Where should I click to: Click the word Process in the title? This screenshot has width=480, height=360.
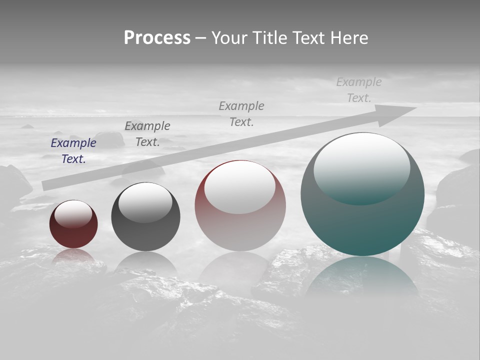point(157,38)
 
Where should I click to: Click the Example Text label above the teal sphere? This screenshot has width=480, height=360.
point(359,90)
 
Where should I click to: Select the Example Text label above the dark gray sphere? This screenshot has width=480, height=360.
point(147,133)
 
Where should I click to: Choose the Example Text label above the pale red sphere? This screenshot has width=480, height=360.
point(241,113)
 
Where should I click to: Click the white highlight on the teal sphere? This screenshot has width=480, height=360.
point(361,165)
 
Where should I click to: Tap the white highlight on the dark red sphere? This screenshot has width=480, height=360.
point(73,213)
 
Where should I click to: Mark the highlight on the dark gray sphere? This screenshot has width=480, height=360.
point(145,201)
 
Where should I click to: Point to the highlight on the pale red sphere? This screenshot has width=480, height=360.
point(239,186)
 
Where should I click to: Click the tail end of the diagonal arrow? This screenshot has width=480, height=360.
point(46,185)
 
